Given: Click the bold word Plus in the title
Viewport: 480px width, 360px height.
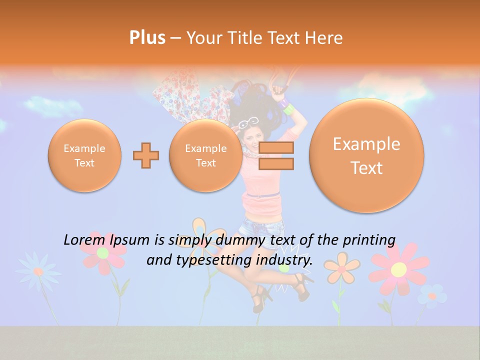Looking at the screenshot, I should [x=147, y=38].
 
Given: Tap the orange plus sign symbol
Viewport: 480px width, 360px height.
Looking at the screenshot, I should [x=146, y=155].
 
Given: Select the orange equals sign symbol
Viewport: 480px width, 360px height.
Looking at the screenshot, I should [x=275, y=155].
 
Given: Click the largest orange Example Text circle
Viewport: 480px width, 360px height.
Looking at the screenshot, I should [x=366, y=155].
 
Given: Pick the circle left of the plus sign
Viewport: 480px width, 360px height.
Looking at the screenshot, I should [x=84, y=155].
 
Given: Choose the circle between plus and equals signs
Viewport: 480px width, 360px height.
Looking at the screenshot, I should [x=205, y=155].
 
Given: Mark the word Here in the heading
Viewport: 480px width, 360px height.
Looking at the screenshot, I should [x=325, y=38].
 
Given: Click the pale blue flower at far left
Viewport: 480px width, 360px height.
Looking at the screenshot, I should [x=37, y=271].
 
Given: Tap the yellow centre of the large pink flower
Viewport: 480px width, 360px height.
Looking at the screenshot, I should [x=398, y=269].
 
